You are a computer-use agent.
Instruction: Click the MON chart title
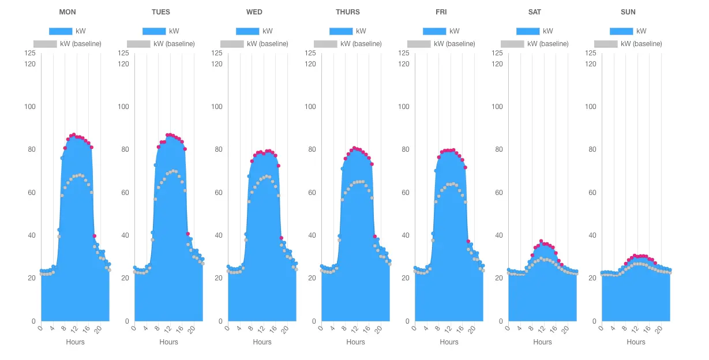[x=67, y=12]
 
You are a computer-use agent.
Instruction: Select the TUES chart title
[x=161, y=12]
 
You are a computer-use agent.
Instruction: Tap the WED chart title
[x=254, y=12]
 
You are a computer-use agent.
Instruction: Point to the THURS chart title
[x=348, y=12]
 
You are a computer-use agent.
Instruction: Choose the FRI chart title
[x=441, y=12]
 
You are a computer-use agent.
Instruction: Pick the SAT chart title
[x=535, y=12]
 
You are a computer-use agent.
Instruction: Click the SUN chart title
[x=628, y=12]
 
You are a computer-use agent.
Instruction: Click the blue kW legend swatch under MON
[x=61, y=31]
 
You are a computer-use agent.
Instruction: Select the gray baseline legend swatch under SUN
[x=606, y=44]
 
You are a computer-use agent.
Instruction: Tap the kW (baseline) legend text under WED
[x=268, y=44]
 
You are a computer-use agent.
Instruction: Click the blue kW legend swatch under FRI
[x=434, y=31]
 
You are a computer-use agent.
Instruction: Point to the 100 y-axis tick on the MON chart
[x=30, y=107]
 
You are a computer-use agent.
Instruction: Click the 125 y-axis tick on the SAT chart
[x=497, y=53]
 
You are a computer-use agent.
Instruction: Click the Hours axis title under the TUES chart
[x=169, y=342]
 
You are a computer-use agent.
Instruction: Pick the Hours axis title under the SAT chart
[x=543, y=342]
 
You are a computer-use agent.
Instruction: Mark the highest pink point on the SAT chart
[x=541, y=241]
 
